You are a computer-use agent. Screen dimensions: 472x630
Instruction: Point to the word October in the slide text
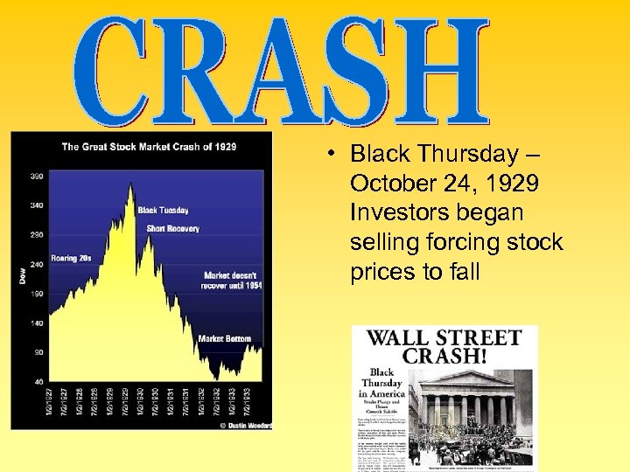389,184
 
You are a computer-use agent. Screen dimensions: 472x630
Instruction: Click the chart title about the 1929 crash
149,147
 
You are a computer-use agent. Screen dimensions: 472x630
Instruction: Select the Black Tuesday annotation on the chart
163,210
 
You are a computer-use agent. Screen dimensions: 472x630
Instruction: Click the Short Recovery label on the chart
172,229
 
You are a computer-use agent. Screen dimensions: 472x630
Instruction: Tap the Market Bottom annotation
224,338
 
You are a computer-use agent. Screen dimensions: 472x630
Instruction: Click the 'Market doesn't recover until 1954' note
233,281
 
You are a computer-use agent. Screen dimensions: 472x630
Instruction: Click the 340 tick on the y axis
36,205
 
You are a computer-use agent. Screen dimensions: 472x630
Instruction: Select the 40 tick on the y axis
39,382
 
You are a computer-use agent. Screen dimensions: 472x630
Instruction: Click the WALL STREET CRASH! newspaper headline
444,346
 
